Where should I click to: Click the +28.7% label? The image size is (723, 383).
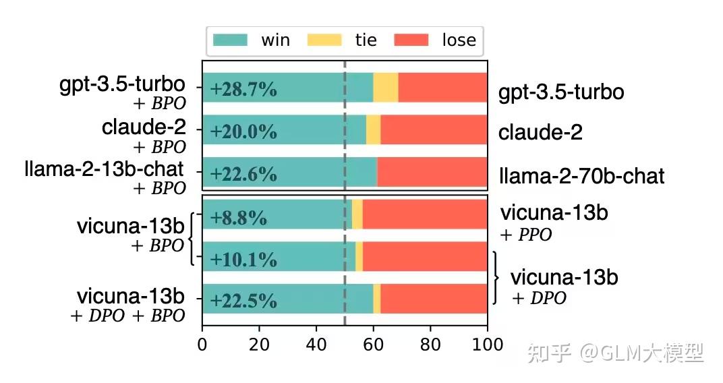[243, 89]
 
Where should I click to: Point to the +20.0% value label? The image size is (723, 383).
[243, 131]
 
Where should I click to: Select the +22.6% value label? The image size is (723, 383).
[243, 174]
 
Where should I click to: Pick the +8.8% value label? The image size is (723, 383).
[239, 218]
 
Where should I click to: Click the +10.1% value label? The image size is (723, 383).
[243, 259]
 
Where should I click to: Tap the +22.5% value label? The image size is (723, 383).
[243, 300]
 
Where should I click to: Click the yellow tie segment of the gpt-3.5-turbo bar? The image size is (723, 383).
[385, 88]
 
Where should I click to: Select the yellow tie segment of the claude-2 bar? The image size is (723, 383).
[373, 129]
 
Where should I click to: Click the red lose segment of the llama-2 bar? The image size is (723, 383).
[432, 172]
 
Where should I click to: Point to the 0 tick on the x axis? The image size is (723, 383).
[202, 345]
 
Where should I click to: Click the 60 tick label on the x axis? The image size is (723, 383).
[374, 345]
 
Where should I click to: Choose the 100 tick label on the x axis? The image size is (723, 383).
[488, 345]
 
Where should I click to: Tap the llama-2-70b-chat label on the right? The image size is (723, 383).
[581, 177]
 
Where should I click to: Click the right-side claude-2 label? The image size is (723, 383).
[540, 132]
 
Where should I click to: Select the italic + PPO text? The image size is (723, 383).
[526, 235]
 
